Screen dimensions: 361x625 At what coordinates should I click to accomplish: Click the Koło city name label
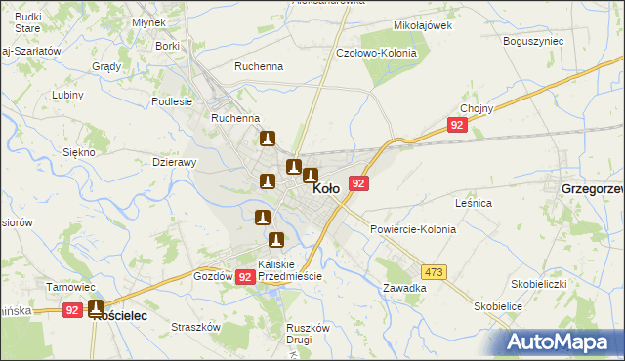[x=326, y=190]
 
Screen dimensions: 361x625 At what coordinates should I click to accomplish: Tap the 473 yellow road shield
[x=434, y=270]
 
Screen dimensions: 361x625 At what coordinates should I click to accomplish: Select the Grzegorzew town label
[x=592, y=189]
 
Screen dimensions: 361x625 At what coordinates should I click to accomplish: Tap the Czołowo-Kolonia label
[x=376, y=53]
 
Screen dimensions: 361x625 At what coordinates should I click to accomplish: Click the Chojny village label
[x=475, y=108]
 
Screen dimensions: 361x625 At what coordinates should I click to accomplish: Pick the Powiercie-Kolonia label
[x=413, y=229]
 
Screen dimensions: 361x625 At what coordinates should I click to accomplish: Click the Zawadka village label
[x=404, y=288]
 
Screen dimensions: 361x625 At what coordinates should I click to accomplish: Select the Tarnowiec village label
[x=70, y=287]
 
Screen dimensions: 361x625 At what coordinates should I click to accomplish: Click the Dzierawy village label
[x=176, y=163]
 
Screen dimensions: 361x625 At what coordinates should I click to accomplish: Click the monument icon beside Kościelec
[x=96, y=308]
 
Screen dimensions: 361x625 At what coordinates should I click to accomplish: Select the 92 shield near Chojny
[x=457, y=125]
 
